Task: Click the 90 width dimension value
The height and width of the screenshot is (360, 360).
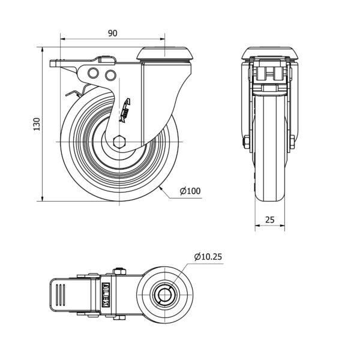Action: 112,34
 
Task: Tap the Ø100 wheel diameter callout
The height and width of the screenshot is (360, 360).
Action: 190,191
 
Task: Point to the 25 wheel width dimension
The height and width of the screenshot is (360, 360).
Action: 269,220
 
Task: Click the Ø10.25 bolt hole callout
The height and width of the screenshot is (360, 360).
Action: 208,257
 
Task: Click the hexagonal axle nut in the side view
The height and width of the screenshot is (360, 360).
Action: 119,142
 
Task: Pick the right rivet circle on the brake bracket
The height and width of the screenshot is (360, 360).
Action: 110,74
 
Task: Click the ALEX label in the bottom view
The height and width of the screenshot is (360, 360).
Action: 106,296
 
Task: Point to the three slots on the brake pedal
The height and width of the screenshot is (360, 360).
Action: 60,295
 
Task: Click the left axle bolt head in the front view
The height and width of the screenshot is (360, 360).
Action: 246,142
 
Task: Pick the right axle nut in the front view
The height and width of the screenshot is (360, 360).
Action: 292,142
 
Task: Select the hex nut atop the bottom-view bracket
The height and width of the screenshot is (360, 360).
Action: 118,271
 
